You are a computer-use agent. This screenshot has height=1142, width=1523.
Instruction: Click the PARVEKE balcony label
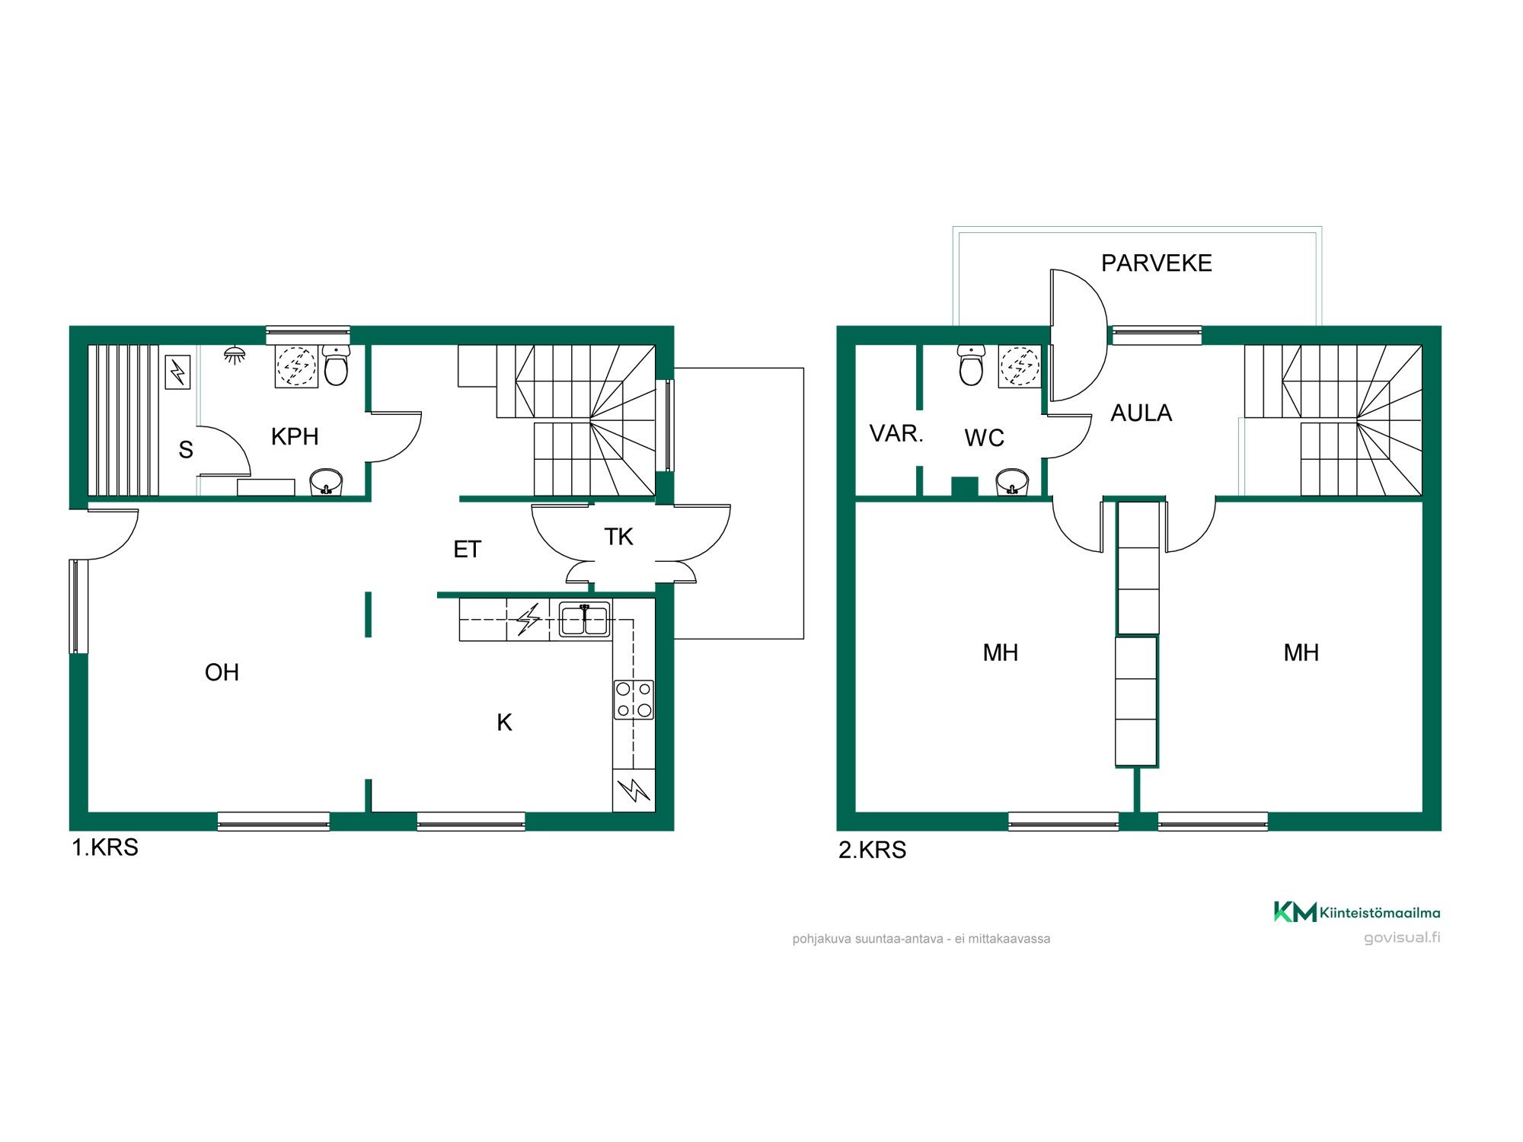point(1156,263)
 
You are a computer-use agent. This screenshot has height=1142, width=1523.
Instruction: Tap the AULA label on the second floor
point(1141,413)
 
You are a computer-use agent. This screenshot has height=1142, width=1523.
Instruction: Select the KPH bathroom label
point(295,437)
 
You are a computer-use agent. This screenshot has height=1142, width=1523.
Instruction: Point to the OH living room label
point(222,672)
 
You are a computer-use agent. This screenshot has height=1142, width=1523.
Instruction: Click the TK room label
point(618,537)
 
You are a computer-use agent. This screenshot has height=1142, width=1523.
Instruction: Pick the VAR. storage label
point(896,434)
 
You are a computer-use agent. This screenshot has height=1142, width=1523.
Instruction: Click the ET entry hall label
point(467,550)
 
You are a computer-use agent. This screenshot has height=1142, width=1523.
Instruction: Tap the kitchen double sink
point(584,619)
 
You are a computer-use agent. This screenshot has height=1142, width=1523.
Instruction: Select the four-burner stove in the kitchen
point(634,700)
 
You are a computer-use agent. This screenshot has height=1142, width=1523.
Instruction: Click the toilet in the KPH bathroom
point(336,365)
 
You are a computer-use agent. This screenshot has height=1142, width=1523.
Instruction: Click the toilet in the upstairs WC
point(971,365)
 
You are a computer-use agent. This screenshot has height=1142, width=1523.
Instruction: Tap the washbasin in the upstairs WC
point(1012,482)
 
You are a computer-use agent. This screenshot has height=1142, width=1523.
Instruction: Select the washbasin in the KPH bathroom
point(326,482)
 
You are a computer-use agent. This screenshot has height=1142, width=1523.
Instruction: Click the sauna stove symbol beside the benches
point(177,373)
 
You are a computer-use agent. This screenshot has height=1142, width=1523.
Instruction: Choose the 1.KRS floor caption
point(105,847)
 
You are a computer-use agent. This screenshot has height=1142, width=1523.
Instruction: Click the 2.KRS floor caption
point(873,850)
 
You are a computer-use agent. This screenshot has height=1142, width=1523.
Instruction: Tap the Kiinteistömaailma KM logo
point(1295,912)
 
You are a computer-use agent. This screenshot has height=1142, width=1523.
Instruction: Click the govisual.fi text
point(1402,937)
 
